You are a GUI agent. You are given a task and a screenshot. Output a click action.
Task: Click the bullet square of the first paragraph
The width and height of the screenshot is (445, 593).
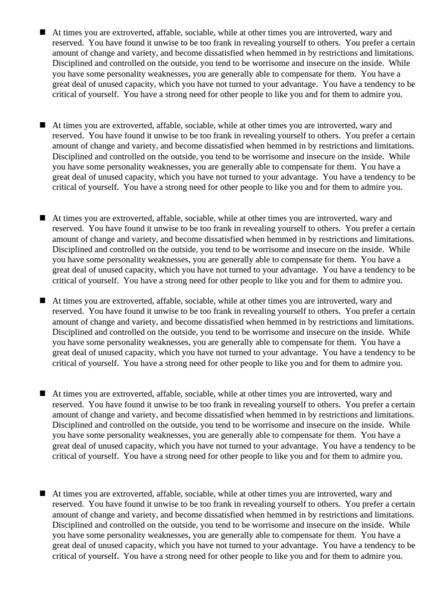42,32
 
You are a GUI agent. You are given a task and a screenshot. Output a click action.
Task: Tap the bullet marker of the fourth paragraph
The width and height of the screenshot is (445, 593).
42,301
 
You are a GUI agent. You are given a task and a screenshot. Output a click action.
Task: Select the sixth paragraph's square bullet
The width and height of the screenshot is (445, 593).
42,493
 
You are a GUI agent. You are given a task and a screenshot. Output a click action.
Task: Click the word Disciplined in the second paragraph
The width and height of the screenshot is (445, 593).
72,156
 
